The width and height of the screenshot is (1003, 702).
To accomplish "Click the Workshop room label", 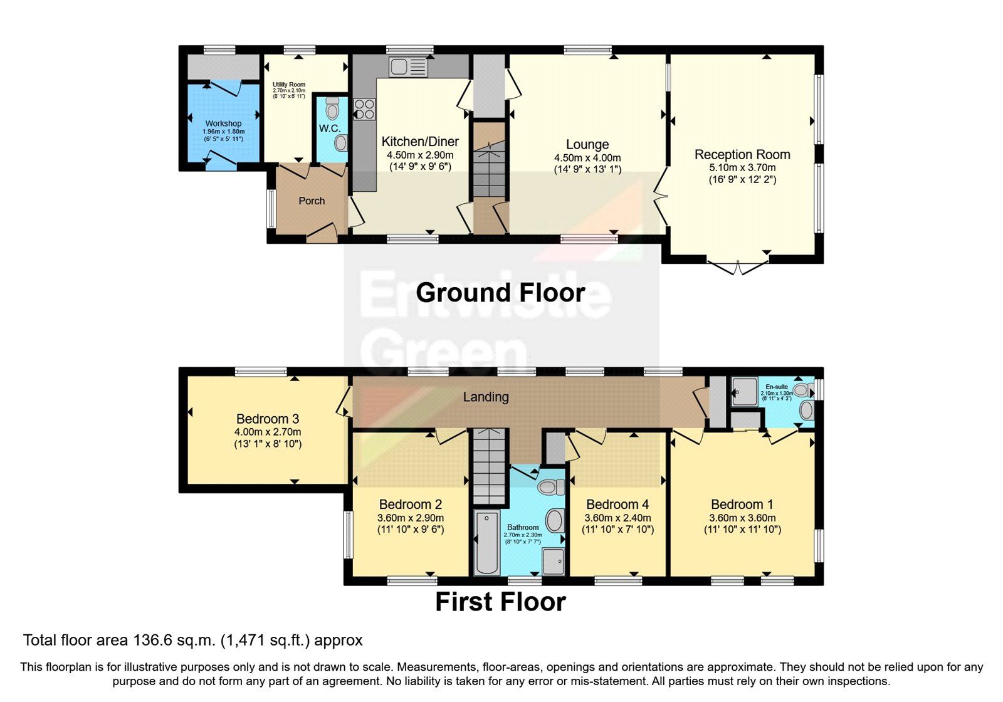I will [x=223, y=123].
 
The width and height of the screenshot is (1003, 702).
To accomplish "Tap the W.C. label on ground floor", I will [x=329, y=128].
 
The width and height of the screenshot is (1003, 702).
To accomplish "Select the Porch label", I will [x=312, y=201].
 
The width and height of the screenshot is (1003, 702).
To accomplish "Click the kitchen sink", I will [x=407, y=66].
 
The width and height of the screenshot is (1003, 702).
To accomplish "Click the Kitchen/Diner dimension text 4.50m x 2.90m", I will [x=420, y=155].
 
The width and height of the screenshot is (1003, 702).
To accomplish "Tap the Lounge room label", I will [x=587, y=145].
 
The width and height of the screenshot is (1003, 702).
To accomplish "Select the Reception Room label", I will [x=742, y=155].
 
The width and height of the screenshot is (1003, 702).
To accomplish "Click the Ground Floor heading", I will [x=500, y=293].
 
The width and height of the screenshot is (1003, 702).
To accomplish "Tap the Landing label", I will [x=486, y=397].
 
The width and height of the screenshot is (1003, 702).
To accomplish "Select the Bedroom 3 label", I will [x=268, y=419].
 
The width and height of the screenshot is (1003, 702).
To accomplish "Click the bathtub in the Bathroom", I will [x=487, y=543].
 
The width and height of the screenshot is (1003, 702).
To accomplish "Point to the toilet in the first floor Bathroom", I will [x=552, y=487].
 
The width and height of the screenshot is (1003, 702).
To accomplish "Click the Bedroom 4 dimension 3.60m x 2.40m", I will [x=617, y=518].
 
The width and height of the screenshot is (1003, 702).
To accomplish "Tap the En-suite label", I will [x=777, y=387].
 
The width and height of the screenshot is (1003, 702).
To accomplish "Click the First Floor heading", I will [x=500, y=602].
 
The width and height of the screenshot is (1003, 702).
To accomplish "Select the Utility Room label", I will [x=289, y=85].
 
